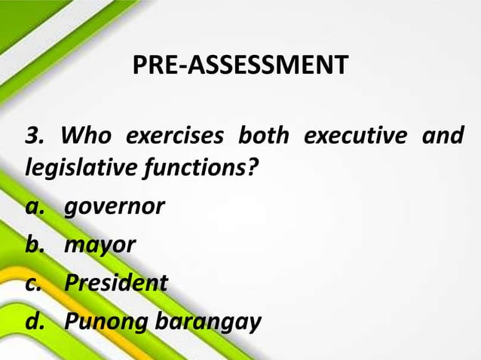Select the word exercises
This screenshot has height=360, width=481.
click(x=174, y=137)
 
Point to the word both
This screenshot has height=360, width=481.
click(x=263, y=137)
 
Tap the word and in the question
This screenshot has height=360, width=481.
click(x=445, y=137)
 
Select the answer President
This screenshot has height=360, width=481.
click(x=115, y=283)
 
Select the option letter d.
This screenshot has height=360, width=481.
click(x=33, y=321)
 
